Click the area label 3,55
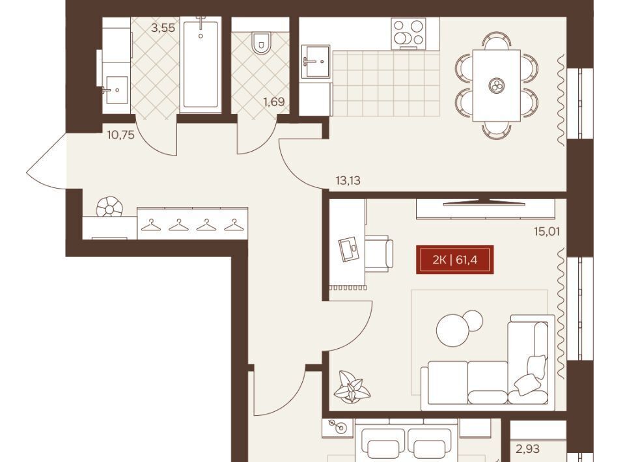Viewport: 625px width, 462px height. click(163, 28)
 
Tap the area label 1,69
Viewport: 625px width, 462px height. click(274, 102)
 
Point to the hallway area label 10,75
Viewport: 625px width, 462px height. click(121, 135)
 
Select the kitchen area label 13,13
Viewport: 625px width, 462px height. click(348, 180)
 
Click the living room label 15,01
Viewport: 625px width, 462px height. click(547, 231)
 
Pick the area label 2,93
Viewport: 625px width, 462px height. click(528, 449)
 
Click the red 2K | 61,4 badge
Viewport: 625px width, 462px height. click(455, 260)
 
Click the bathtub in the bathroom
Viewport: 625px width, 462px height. click(201, 64)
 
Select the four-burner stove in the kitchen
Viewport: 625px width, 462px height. click(409, 33)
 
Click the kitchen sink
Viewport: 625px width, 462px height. click(316, 61)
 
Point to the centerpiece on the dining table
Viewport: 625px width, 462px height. click(497, 85)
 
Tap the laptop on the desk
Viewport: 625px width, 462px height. click(349, 249)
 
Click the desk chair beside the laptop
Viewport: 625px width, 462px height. click(379, 253)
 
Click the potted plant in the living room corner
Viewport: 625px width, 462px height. click(352, 386)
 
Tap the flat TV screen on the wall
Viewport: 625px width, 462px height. click(484, 202)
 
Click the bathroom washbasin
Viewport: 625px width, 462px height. click(116, 90)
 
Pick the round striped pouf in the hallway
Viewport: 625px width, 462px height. click(109, 207)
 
